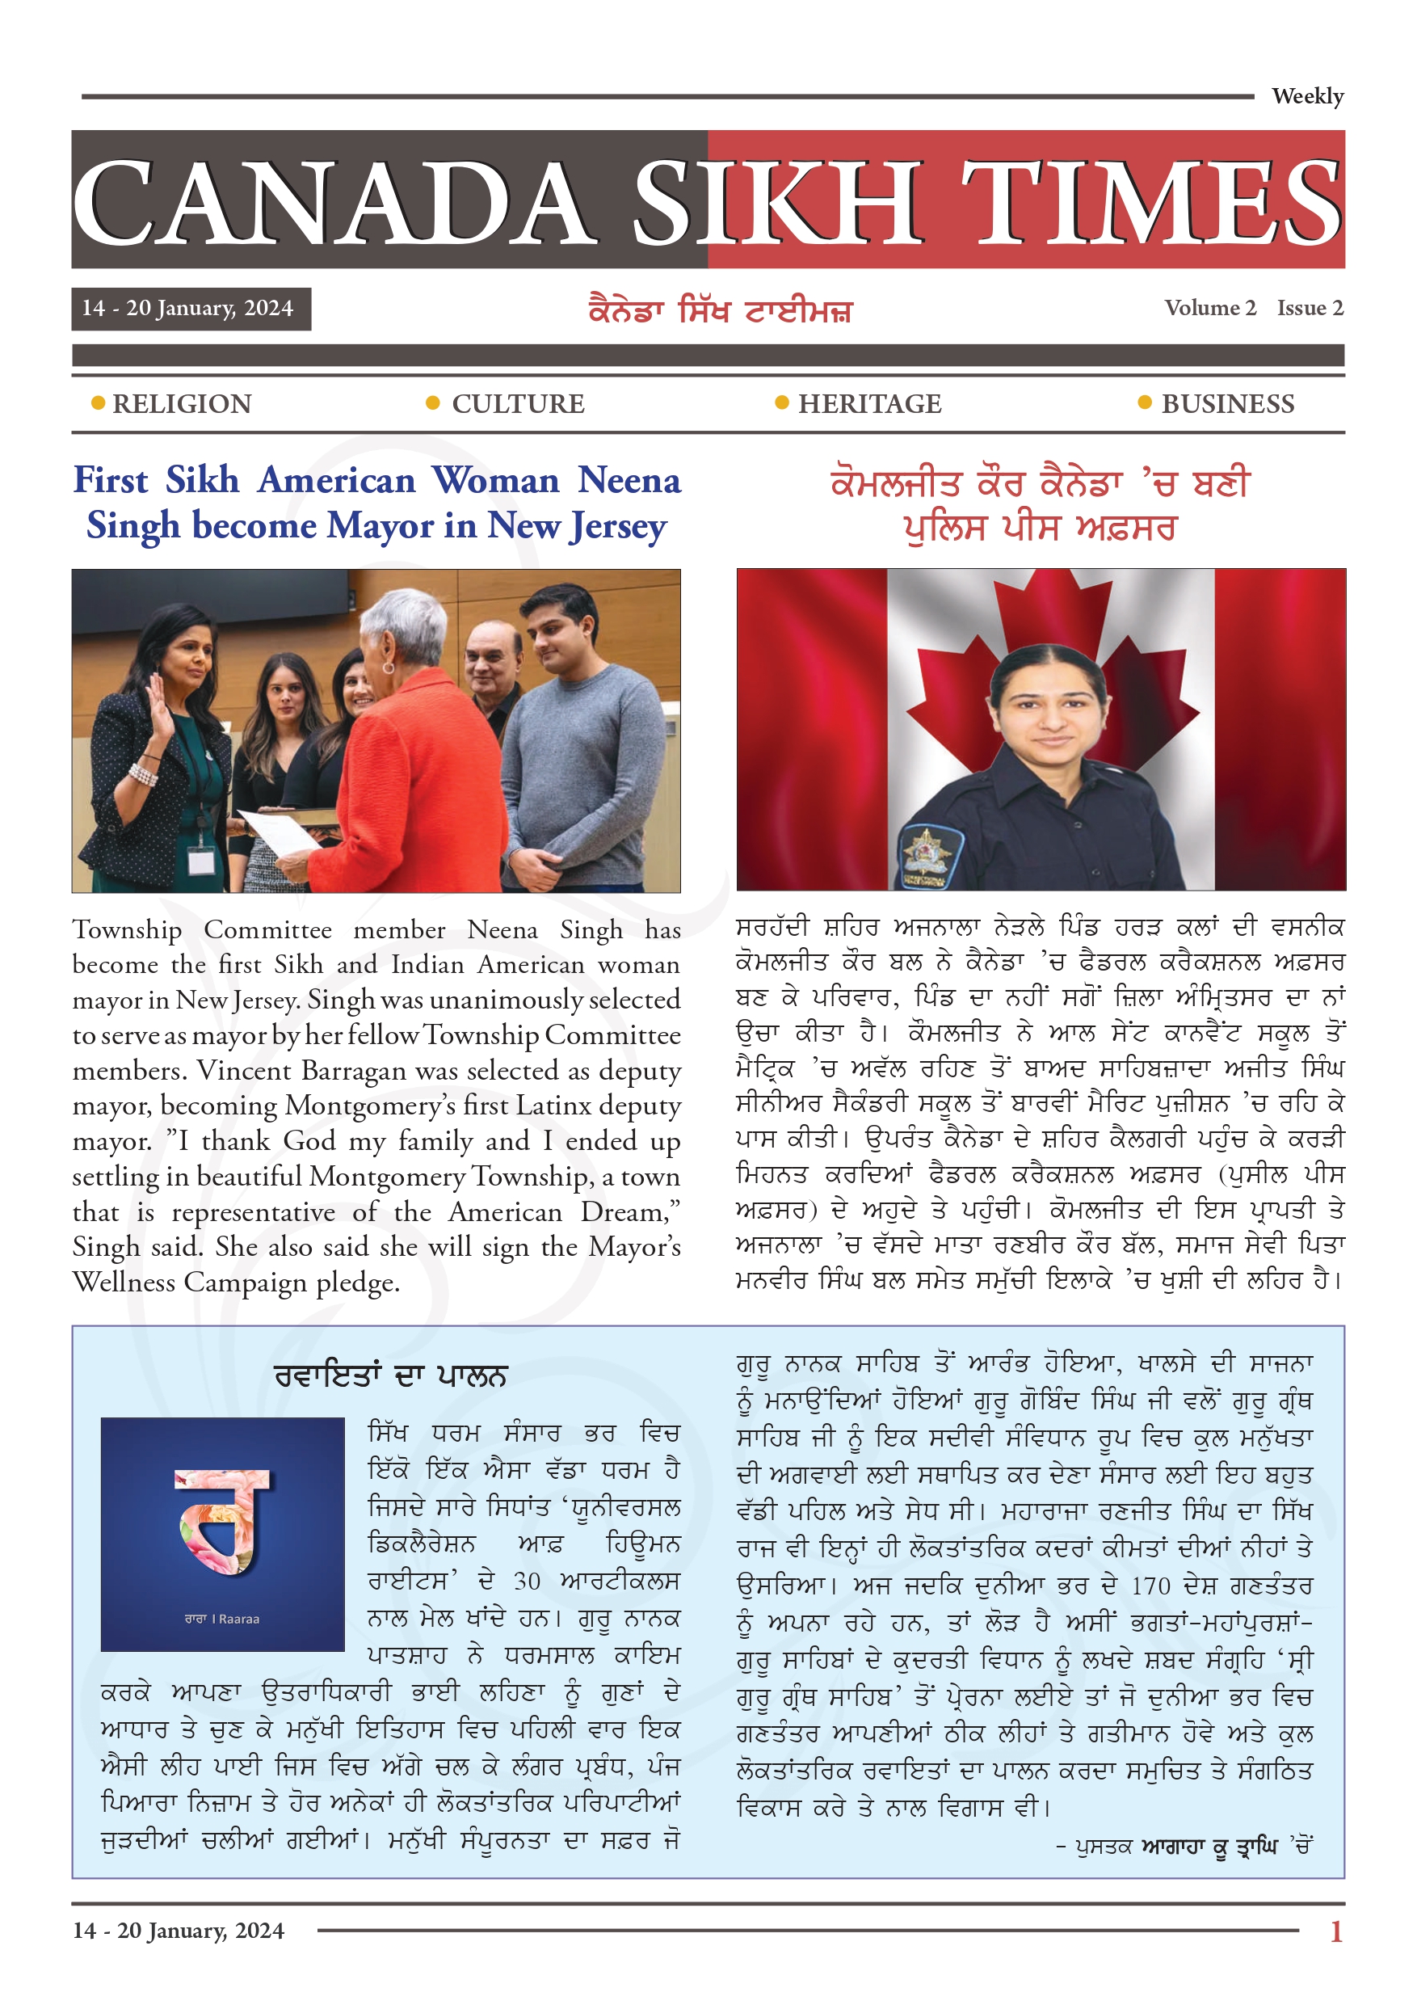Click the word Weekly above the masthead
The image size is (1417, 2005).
click(x=1306, y=96)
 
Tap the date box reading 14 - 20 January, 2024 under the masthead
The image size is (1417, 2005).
click(x=191, y=308)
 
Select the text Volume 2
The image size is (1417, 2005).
click(x=1209, y=308)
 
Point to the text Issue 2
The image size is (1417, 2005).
click(x=1309, y=308)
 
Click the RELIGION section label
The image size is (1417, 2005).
click(x=182, y=404)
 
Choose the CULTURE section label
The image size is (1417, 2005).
click(x=518, y=404)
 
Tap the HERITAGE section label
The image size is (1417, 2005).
click(x=868, y=404)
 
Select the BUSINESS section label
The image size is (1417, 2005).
click(x=1226, y=404)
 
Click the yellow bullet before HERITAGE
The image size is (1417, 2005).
click(x=781, y=402)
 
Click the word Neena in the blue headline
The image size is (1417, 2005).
click(x=629, y=480)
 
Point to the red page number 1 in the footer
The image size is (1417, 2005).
click(x=1335, y=1931)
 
